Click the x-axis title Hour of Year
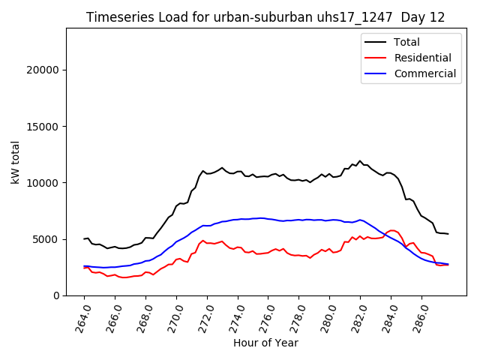click(265, 343)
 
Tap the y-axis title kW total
click(15, 162)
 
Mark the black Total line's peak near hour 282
click(360, 160)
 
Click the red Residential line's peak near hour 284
click(391, 230)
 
